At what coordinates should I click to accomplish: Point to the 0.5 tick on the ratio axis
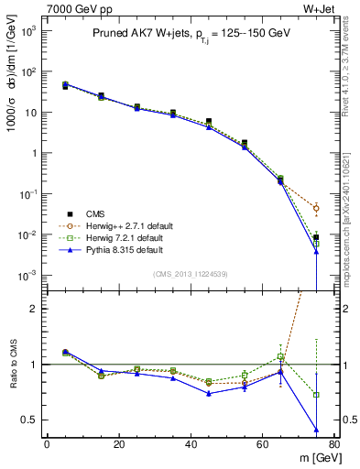pos(32,420)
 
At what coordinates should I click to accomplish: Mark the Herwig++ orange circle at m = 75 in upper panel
pos(316,209)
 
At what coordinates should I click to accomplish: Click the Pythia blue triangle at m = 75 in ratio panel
pos(316,430)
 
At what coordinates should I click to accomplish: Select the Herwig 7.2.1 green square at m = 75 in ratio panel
pos(316,395)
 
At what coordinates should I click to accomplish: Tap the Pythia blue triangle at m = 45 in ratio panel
pos(209,393)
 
